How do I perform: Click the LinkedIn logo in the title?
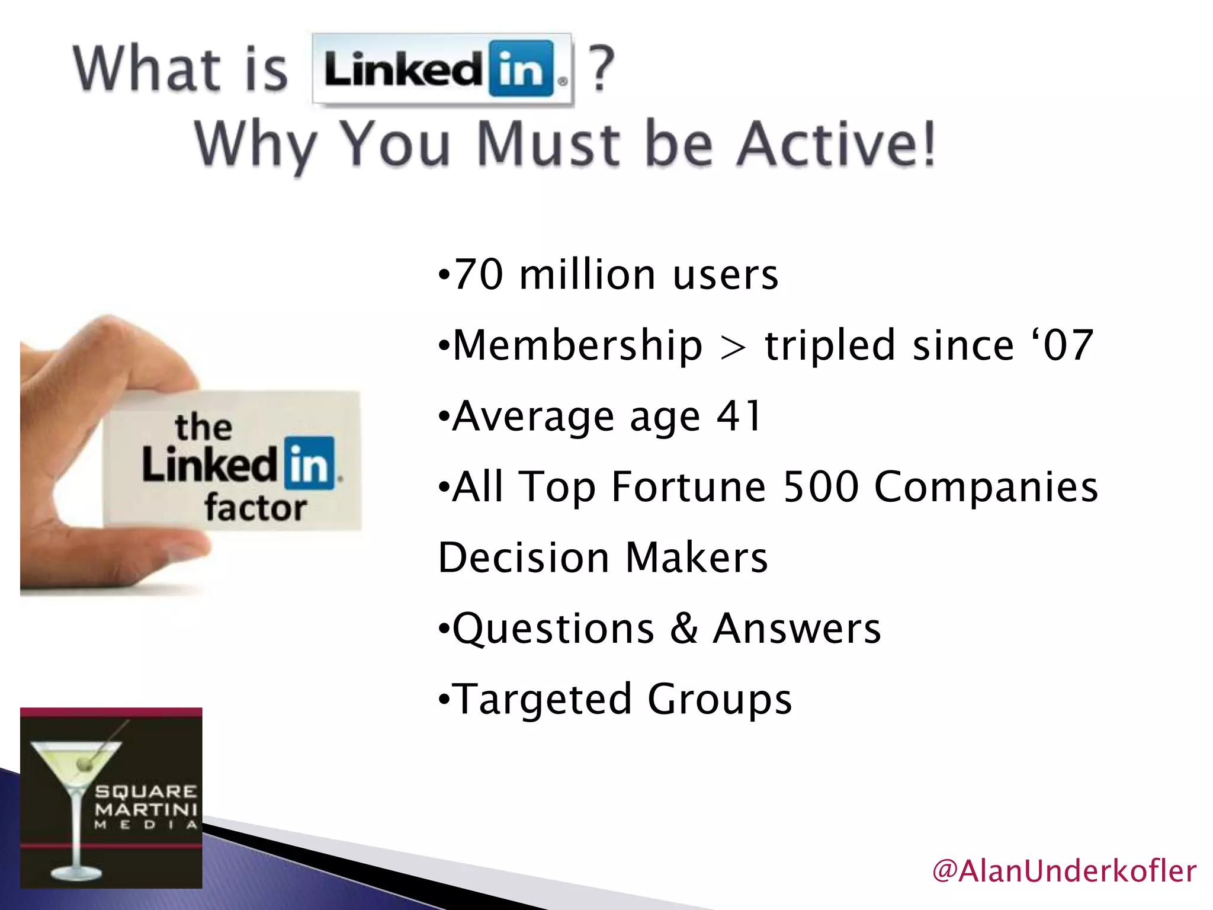coord(442,70)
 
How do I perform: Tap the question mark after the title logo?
coord(601,70)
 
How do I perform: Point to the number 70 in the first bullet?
coord(478,275)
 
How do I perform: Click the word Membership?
coord(577,345)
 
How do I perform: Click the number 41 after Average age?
coord(739,416)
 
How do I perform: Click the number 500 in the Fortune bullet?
coord(821,487)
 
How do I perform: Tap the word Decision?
coord(524,558)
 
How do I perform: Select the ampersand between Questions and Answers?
coord(684,629)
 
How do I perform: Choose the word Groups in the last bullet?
coord(720,700)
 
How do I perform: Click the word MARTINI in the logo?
coord(146,809)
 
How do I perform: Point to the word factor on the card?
coord(255,508)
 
